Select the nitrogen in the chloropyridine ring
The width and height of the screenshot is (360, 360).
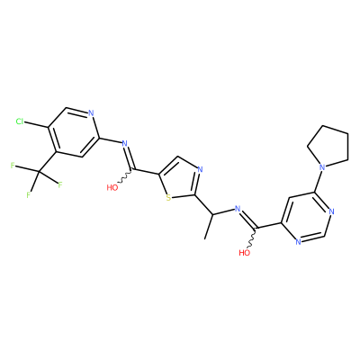pyautogui.click(x=91, y=113)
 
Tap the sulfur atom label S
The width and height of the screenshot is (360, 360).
pyautogui.click(x=168, y=198)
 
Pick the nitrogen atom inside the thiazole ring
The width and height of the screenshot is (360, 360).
pyautogui.click(x=201, y=170)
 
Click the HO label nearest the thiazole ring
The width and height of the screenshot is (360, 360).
pyautogui.click(x=112, y=188)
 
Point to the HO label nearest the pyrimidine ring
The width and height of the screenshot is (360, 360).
pyautogui.click(x=245, y=253)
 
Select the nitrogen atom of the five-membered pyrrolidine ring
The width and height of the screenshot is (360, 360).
pyautogui.click(x=322, y=166)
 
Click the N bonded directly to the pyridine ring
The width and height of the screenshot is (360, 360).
pyautogui.click(x=125, y=143)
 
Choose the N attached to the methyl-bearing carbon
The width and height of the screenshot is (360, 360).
pyautogui.click(x=238, y=209)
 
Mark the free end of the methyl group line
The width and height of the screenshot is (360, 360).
pyautogui.click(x=205, y=239)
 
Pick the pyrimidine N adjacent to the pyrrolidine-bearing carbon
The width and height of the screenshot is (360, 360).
pyautogui.click(x=330, y=211)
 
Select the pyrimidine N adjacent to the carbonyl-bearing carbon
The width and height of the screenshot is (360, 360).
pyautogui.click(x=298, y=242)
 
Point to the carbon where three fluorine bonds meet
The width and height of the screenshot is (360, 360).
pyautogui.click(x=39, y=172)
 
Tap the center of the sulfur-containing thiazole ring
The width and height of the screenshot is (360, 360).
pyautogui.click(x=179, y=179)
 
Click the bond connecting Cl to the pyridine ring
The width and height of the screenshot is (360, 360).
pyautogui.click(x=36, y=125)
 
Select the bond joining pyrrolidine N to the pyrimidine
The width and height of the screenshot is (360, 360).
pyautogui.click(x=318, y=180)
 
